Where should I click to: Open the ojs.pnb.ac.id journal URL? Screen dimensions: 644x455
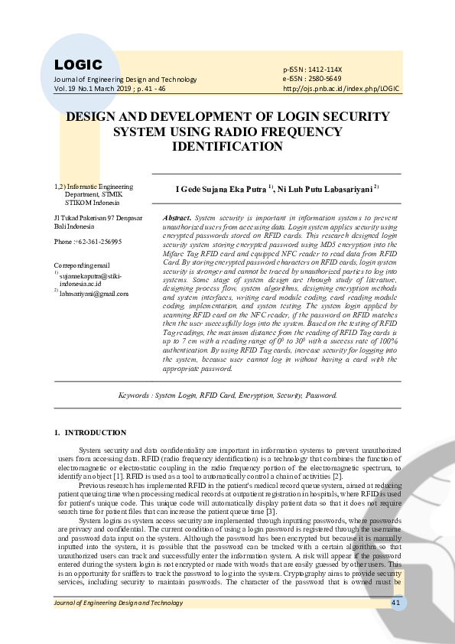342,88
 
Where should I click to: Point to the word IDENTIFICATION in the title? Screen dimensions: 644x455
228,145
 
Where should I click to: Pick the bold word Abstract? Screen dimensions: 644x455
177,218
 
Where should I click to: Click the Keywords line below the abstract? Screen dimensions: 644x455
227,395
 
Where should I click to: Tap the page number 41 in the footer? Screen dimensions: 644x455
396,625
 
